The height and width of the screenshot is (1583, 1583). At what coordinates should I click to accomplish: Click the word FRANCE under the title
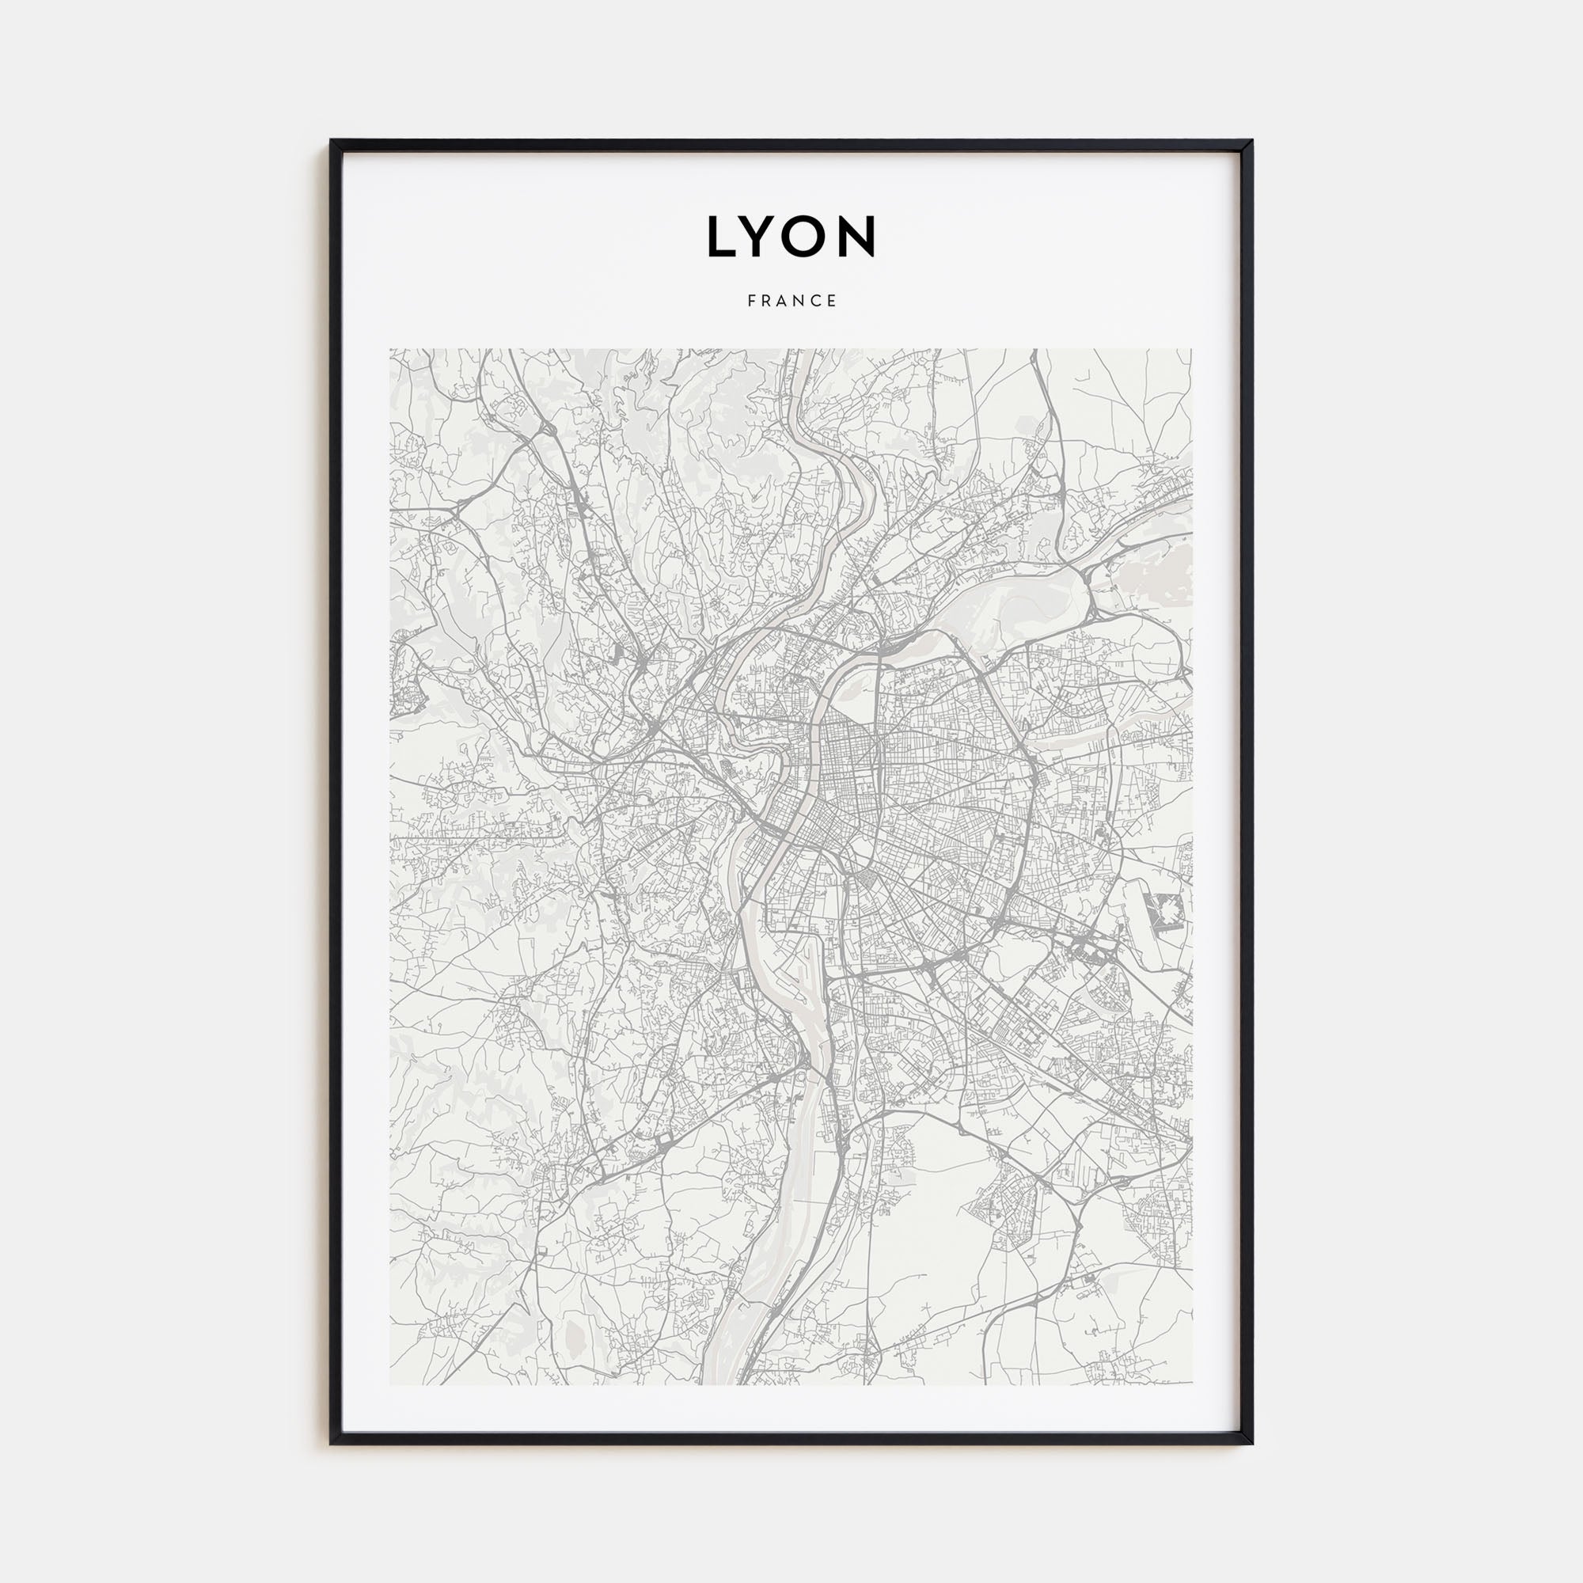coord(791,301)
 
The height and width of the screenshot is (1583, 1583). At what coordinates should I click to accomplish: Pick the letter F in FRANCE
coord(751,301)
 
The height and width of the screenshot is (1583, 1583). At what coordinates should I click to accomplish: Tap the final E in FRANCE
coord(833,301)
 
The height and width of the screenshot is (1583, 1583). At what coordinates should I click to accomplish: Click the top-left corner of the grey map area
coord(390,349)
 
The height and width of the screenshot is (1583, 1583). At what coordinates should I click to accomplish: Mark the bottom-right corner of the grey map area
coord(1192,1384)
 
